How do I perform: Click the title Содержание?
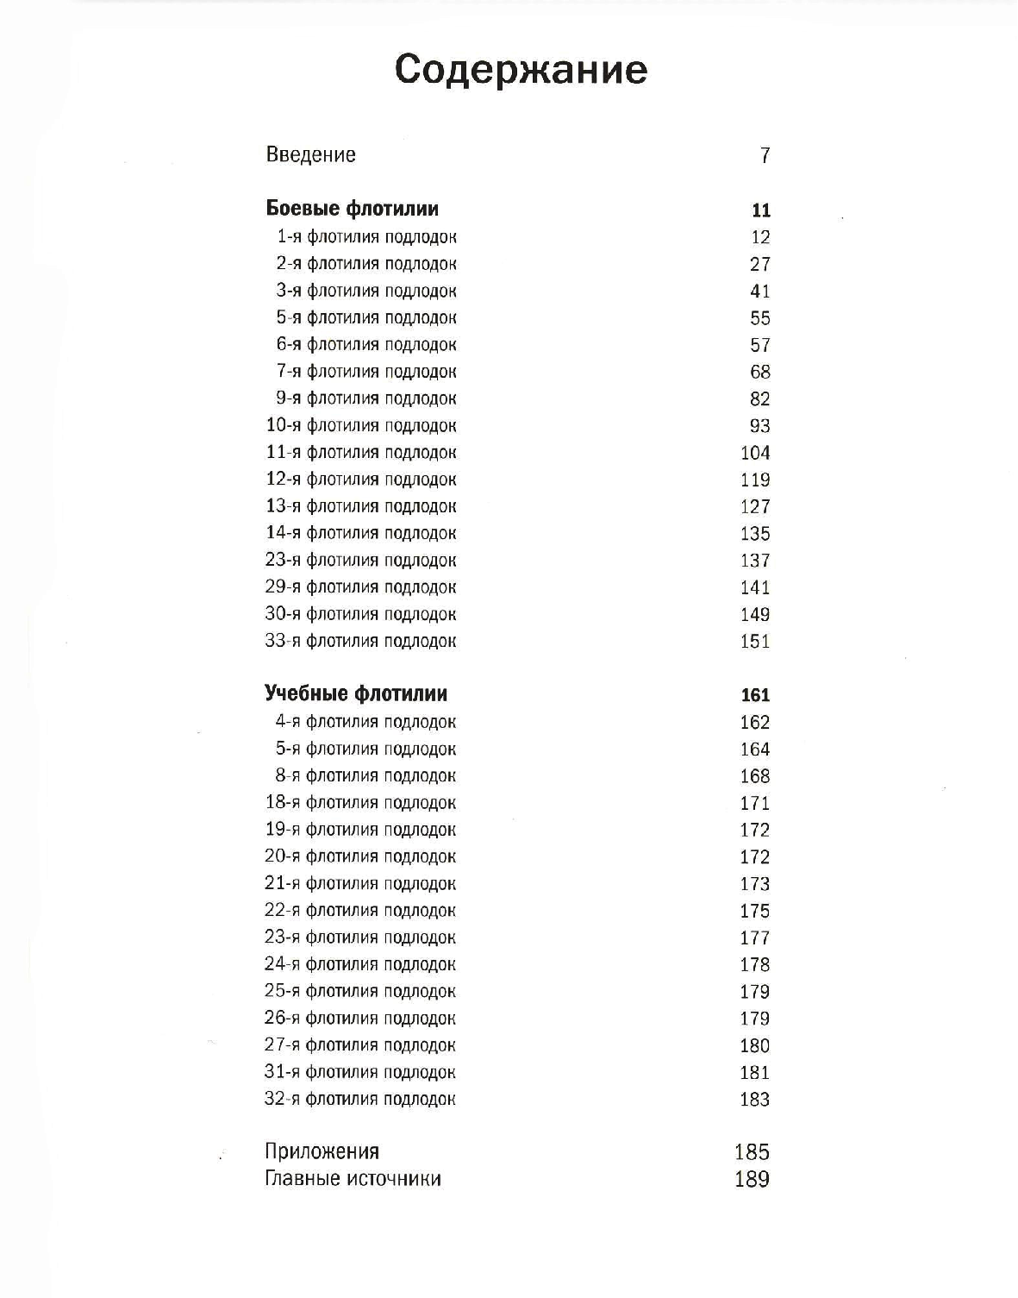521,70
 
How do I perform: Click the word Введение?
310,155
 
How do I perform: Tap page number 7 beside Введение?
764,156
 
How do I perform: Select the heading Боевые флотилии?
352,209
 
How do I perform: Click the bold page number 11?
760,210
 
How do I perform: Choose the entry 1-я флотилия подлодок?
366,236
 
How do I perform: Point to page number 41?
759,292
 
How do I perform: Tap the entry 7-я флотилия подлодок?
366,372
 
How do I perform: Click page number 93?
759,426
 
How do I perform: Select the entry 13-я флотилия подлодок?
361,506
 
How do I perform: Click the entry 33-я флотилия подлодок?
361,641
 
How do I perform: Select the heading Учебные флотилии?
356,693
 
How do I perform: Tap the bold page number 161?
755,695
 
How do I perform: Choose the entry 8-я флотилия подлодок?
366,775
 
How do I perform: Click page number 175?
755,911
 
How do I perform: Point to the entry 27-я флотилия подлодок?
360,1045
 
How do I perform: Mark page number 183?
755,1100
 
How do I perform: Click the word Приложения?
322,1151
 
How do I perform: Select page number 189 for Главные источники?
752,1179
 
